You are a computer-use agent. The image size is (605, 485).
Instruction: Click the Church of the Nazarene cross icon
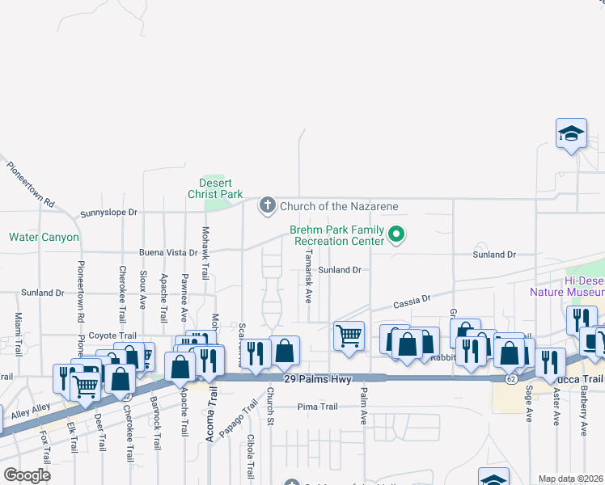(x=268, y=205)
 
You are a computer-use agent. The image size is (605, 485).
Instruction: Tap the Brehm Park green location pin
(x=396, y=235)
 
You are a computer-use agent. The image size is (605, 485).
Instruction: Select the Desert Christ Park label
(x=215, y=189)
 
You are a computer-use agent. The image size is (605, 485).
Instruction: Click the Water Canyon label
(x=44, y=238)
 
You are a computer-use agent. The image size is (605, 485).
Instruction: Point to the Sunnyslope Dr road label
(x=109, y=213)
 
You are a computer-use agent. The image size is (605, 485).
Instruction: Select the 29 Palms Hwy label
(x=319, y=379)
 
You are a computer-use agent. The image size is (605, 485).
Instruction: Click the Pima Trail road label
(x=317, y=407)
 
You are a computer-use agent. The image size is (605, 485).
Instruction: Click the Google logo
(x=27, y=475)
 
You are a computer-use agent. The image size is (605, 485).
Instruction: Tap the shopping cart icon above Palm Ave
(x=349, y=334)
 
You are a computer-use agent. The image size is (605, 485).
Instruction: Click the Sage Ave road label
(x=529, y=403)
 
